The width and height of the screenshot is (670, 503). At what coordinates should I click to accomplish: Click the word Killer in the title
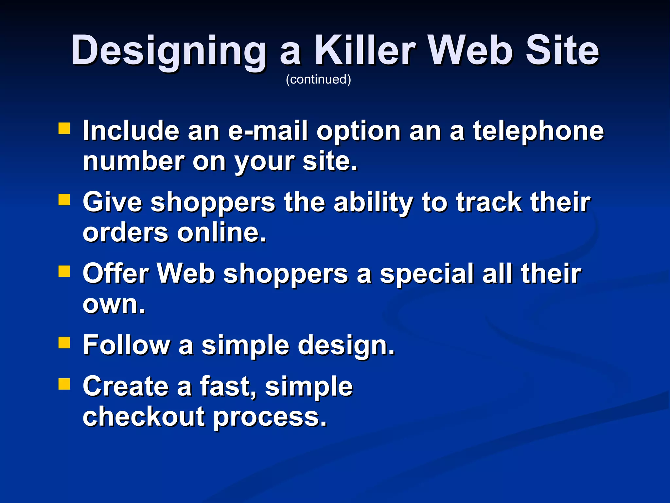(x=365, y=51)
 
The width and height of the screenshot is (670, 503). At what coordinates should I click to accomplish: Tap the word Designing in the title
(x=168, y=51)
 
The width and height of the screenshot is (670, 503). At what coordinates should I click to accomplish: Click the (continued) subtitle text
(x=318, y=79)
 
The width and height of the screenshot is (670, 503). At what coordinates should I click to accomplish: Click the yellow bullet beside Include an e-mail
(x=64, y=129)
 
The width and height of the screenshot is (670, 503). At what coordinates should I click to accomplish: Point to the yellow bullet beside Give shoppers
(x=64, y=200)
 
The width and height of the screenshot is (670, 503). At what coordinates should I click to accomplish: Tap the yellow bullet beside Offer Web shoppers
(x=64, y=271)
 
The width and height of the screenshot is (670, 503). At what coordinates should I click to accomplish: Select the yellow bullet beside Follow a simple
(x=64, y=343)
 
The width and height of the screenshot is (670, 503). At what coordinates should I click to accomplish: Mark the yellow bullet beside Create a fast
(x=64, y=384)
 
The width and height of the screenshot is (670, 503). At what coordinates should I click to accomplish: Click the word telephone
(x=538, y=131)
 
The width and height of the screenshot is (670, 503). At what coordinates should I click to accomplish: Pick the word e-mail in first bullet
(x=268, y=131)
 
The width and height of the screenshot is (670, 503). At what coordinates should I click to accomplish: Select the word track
(x=489, y=202)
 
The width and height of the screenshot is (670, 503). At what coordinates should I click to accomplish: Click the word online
(x=221, y=233)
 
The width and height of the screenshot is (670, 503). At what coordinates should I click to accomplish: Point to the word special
(x=426, y=274)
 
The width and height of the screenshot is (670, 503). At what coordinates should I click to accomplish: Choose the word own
(x=113, y=304)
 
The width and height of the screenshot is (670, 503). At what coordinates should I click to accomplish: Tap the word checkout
(x=144, y=417)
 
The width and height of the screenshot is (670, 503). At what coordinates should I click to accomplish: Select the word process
(x=270, y=417)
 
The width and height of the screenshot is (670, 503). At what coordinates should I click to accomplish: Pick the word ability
(x=373, y=202)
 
